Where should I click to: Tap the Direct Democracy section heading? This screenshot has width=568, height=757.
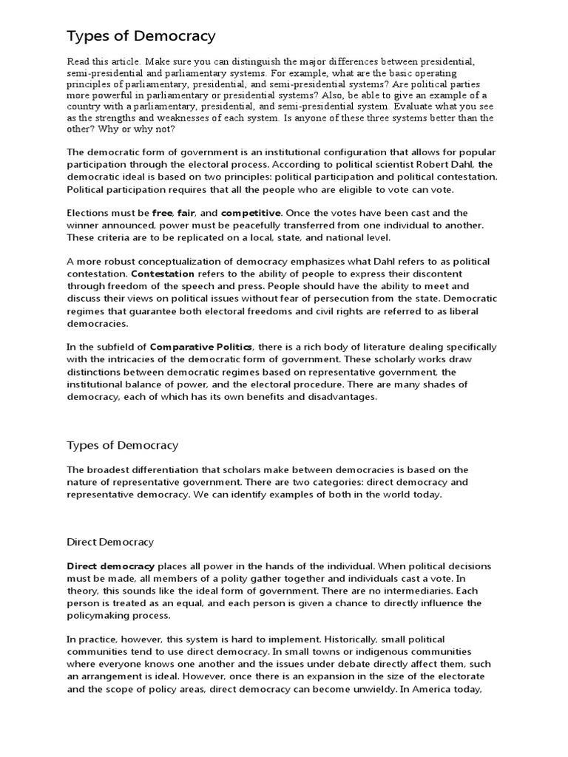pyautogui.click(x=110, y=542)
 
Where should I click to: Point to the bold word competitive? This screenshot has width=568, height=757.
pyautogui.click(x=249, y=213)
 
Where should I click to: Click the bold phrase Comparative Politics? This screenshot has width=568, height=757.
pyautogui.click(x=202, y=347)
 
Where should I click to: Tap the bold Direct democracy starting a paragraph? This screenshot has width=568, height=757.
pyautogui.click(x=111, y=566)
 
